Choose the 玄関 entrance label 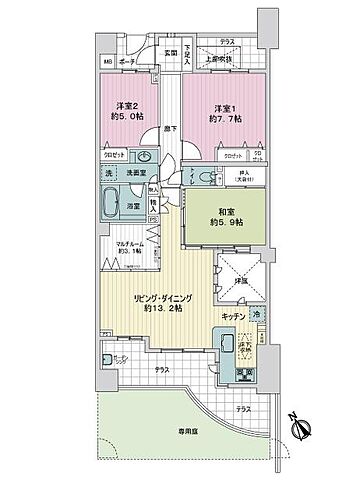pyautogui.click(x=171, y=52)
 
